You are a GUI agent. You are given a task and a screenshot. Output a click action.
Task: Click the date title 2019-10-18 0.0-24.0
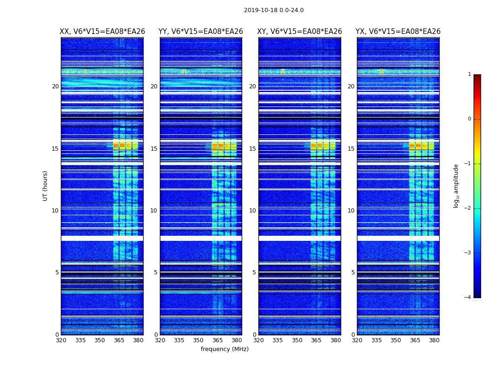click(x=274, y=10)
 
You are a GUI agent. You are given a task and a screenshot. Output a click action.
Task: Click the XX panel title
click(x=102, y=32)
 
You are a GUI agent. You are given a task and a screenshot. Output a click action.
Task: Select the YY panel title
click(x=201, y=32)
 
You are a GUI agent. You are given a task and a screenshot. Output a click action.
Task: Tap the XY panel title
click(x=300, y=32)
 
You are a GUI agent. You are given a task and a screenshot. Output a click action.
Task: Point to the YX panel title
click(x=398, y=32)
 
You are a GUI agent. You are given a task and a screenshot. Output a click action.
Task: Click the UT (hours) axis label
click(x=46, y=186)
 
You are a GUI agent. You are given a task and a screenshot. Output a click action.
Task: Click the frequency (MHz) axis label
click(x=224, y=349)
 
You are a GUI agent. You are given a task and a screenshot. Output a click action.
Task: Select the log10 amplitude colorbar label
click(x=456, y=186)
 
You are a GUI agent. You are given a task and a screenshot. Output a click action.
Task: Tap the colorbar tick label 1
click(x=469, y=74)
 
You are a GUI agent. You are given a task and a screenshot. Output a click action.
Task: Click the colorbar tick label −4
click(x=468, y=298)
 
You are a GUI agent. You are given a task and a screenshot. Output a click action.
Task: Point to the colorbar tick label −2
click(x=468, y=208)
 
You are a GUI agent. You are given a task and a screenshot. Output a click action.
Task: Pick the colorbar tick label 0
click(x=469, y=119)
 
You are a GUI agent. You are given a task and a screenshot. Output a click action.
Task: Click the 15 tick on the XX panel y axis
click(x=55, y=149)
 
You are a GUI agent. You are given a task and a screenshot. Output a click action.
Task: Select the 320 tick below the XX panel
click(x=61, y=340)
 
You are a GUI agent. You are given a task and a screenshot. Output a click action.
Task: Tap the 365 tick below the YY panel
click(x=218, y=340)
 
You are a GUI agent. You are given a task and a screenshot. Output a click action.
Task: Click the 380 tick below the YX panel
click(x=434, y=340)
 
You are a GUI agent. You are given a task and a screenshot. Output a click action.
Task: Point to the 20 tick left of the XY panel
click(x=252, y=86)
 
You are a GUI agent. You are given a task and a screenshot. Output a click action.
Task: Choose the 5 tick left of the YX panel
click(x=353, y=272)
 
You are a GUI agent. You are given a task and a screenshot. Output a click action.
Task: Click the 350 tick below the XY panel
click(x=297, y=340)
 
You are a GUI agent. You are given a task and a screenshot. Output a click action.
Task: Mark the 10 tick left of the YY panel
click(x=154, y=211)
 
